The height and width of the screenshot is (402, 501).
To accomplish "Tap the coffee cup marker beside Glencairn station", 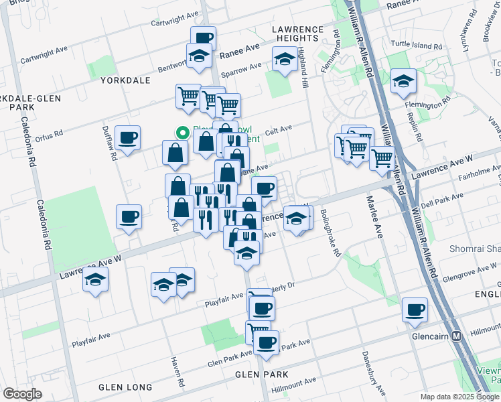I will click(415, 310).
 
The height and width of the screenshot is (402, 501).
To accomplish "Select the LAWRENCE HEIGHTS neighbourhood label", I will click(297, 29).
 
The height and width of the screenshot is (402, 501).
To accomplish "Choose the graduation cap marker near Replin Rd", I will click(403, 81).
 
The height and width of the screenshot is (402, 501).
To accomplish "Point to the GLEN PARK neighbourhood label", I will click(262, 374).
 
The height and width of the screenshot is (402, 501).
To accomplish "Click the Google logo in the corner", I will click(22, 394).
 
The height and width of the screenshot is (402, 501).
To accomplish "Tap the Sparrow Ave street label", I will click(241, 68).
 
